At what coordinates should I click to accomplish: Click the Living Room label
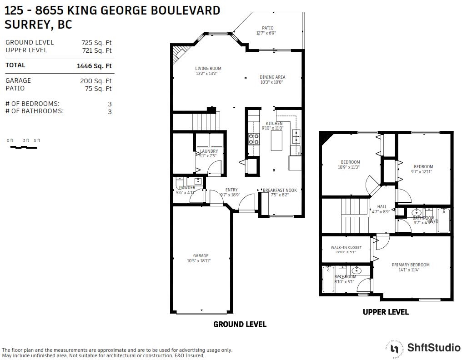(x=208, y=69)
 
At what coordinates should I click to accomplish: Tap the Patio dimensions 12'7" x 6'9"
(x=266, y=33)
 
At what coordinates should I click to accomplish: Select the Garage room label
(x=201, y=256)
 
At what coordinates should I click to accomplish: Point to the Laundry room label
(x=209, y=151)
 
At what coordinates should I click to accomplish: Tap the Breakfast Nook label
(x=280, y=190)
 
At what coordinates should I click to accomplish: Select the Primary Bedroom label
(x=411, y=265)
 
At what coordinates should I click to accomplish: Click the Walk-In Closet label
(x=346, y=248)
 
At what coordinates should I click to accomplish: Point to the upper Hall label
(x=382, y=207)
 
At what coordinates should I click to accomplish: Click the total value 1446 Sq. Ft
(x=94, y=66)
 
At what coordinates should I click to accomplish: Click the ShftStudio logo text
(x=433, y=348)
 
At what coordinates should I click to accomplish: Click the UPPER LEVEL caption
(x=386, y=312)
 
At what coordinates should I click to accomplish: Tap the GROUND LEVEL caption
(x=240, y=325)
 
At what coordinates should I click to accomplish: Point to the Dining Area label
(x=272, y=77)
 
